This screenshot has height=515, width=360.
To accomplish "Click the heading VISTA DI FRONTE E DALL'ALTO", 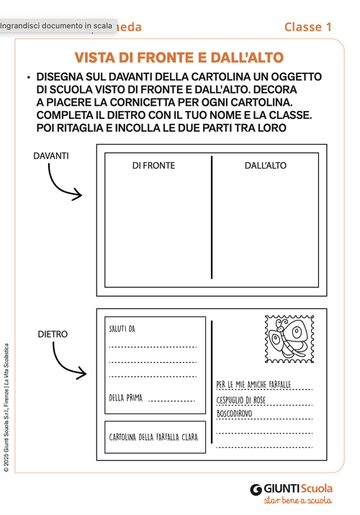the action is (x=179, y=58).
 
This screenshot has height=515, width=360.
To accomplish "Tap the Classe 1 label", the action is (x=307, y=27).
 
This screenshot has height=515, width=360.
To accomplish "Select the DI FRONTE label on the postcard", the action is (x=153, y=166).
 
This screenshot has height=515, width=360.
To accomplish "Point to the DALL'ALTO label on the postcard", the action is (x=265, y=166).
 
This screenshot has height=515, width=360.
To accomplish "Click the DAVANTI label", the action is (x=51, y=156).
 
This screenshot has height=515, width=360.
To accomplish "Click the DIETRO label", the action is (x=53, y=334).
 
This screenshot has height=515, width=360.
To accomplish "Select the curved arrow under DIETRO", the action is (x=66, y=362).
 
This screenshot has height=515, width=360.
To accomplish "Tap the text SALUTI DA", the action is (x=122, y=329).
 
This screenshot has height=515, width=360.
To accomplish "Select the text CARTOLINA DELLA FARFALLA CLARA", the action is (x=154, y=437).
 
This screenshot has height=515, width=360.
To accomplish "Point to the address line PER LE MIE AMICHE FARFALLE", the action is (x=253, y=385).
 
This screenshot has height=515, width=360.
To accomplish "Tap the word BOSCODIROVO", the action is (x=235, y=414).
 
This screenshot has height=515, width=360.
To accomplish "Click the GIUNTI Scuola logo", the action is (x=292, y=489).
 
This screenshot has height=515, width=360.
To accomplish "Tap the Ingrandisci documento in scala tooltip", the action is (x=56, y=26).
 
